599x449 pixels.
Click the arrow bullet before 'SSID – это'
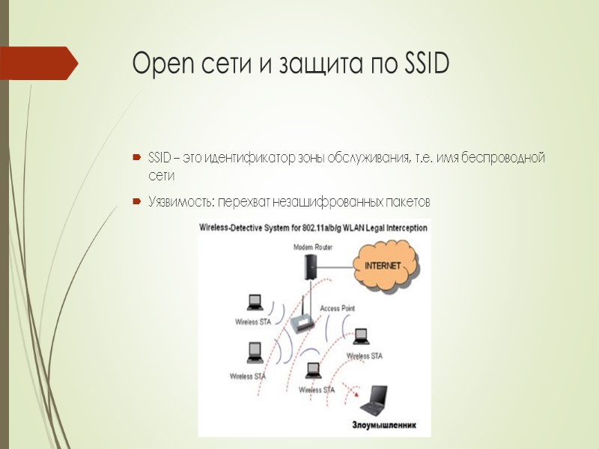point(136,158)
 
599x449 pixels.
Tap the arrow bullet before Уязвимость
point(136,202)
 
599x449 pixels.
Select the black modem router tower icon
point(308,266)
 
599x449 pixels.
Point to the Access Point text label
point(337,308)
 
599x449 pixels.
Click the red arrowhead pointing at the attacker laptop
point(356,391)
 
